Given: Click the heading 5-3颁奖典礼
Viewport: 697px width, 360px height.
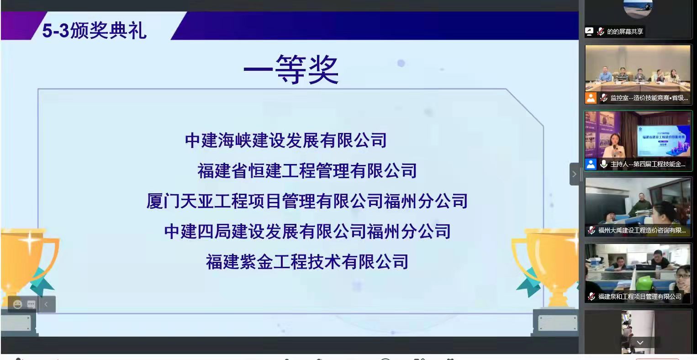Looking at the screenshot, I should tap(94, 31).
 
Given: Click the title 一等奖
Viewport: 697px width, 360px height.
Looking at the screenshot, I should tap(291, 70).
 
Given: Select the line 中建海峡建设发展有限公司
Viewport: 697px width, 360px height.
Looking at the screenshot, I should tap(286, 140).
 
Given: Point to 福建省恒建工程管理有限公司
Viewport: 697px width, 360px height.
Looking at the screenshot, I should tap(307, 171).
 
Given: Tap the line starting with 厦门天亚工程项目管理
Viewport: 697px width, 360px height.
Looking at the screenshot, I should tap(307, 201).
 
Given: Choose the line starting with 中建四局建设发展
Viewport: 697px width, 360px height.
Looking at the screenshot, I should tap(307, 231).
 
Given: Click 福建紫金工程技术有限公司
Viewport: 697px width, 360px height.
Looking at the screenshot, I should tap(307, 262).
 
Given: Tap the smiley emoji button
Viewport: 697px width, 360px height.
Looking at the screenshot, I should tap(17, 304).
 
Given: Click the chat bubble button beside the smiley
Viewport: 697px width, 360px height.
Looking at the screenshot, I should tap(31, 304).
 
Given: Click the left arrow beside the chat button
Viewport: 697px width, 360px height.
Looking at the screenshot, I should tap(46, 304).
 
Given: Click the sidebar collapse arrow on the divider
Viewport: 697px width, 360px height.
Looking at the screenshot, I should tap(574, 174).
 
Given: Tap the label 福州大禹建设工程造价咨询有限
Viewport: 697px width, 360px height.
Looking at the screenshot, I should tap(642, 230).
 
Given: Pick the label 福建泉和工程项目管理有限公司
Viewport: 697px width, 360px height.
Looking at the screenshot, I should tap(639, 296).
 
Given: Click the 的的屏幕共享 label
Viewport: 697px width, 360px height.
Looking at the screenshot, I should tap(625, 32).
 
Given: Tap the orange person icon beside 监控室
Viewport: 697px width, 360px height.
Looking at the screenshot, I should tap(591, 98).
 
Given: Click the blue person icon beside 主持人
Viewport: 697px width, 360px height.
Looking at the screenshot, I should tap(591, 164).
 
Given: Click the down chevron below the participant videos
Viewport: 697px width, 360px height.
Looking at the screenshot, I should tap(640, 343).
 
